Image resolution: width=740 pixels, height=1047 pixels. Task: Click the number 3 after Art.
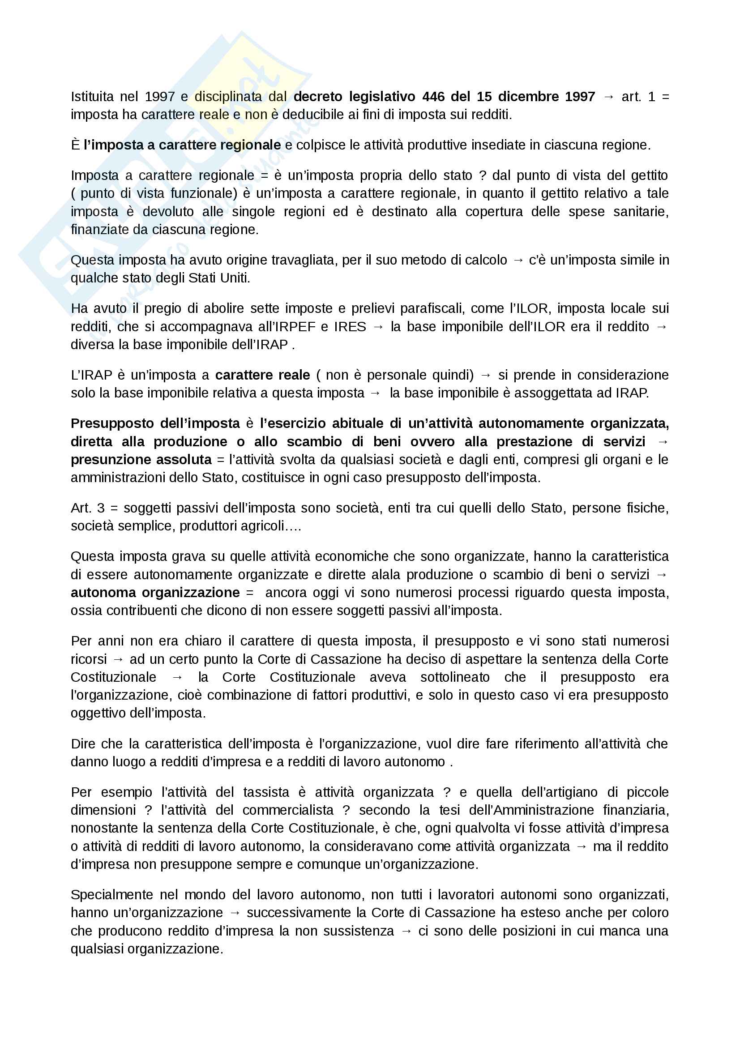tap(101, 508)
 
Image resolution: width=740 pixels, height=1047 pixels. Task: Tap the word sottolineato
tap(454, 677)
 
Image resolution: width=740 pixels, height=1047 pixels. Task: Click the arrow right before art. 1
tap(608, 97)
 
